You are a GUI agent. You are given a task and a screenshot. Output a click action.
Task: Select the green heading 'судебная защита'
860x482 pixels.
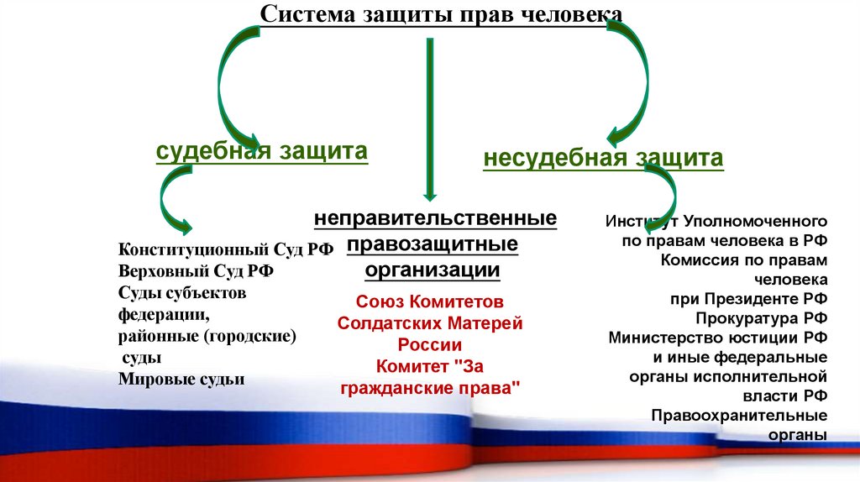(x=262, y=152)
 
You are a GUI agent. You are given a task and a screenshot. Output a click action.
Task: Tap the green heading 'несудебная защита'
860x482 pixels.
(x=603, y=158)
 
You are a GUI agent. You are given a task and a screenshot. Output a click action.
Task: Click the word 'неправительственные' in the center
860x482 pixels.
(x=435, y=218)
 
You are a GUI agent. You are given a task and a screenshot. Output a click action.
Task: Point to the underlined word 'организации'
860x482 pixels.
(x=433, y=270)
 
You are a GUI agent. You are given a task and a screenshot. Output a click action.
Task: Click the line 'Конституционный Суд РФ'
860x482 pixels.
(x=226, y=249)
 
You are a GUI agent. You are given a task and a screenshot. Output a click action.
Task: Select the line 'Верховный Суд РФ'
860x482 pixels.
(x=197, y=271)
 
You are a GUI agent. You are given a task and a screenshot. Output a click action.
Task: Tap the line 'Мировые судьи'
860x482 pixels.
(x=181, y=379)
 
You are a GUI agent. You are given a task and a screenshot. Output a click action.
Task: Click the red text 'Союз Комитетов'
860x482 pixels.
(x=430, y=301)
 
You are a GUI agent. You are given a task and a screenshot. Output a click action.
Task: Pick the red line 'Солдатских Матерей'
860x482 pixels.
(x=430, y=322)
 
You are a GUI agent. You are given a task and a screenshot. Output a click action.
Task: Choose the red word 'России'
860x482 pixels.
(x=430, y=344)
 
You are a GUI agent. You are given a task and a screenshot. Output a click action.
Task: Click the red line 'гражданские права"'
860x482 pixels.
(x=430, y=388)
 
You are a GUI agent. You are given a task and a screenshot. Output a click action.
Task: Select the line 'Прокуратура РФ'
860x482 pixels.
(x=761, y=318)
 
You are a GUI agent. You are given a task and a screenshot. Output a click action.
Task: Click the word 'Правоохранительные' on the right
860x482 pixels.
(x=739, y=416)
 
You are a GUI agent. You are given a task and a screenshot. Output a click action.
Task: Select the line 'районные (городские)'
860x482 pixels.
(x=208, y=336)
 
